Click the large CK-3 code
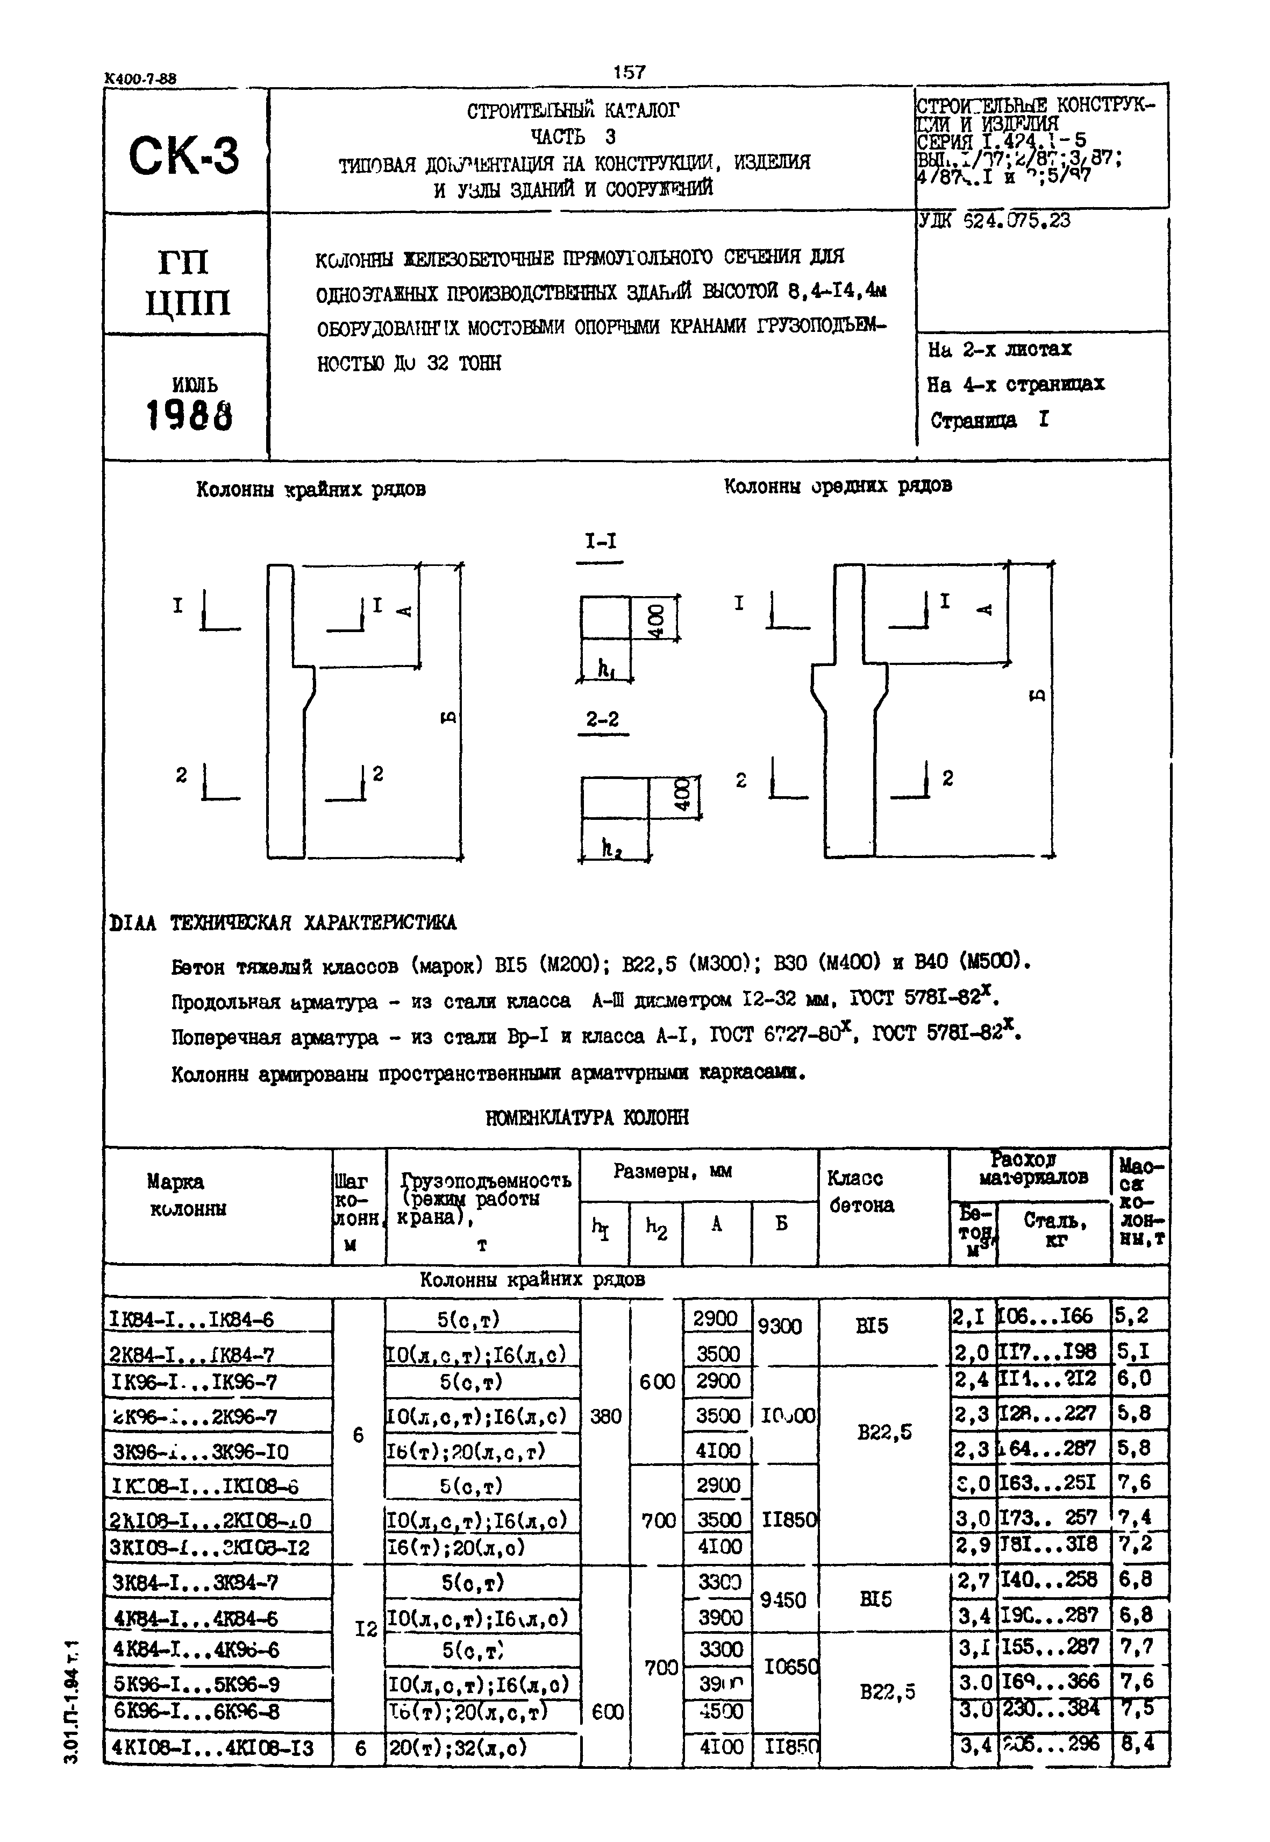click(x=184, y=155)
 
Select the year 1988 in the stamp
click(x=189, y=415)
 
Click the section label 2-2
click(x=602, y=720)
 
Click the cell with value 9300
click(x=780, y=1326)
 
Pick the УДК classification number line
click(x=995, y=221)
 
